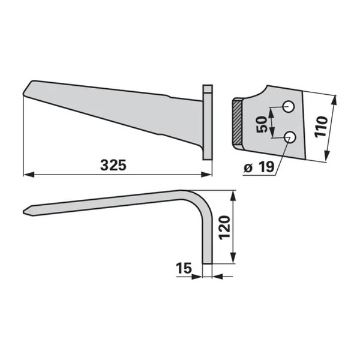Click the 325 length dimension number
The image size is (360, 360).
point(113,165)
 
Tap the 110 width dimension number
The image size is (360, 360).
point(321,127)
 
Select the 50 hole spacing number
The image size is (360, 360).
point(262,124)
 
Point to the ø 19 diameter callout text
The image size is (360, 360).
point(259,167)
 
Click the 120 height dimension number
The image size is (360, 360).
point(224,228)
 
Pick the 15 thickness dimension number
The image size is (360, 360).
point(184,268)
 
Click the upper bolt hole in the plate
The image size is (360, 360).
point(288,106)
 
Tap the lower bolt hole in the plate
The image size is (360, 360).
point(290,137)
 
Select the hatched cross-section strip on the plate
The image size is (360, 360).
point(238,122)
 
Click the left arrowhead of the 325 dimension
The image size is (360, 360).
point(29,175)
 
